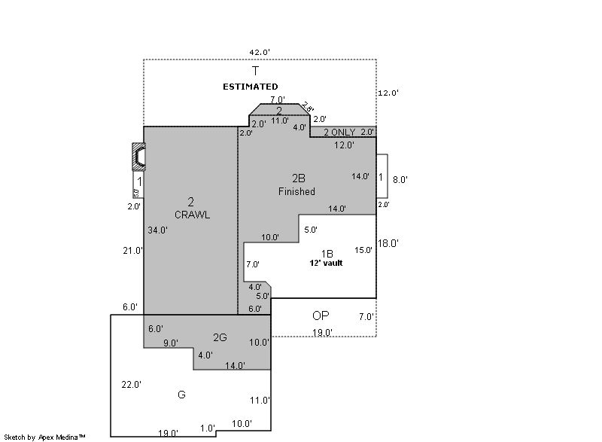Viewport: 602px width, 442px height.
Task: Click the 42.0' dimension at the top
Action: pyautogui.click(x=260, y=52)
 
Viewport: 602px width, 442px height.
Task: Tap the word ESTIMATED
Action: pyautogui.click(x=250, y=87)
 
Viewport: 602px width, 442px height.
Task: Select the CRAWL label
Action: pyautogui.click(x=192, y=215)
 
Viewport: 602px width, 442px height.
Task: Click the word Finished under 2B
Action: pyautogui.click(x=296, y=191)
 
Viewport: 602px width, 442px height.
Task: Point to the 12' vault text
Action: pyautogui.click(x=326, y=264)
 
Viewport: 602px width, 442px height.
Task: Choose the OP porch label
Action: pyautogui.click(x=321, y=315)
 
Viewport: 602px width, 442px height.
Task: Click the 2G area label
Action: pyautogui.click(x=220, y=337)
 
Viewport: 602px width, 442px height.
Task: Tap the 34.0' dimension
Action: pyautogui.click(x=157, y=230)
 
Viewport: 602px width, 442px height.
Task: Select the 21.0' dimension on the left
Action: pyautogui.click(x=133, y=251)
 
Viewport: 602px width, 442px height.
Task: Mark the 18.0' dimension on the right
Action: pyautogui.click(x=388, y=243)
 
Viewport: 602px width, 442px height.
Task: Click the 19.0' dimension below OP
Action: pyautogui.click(x=323, y=332)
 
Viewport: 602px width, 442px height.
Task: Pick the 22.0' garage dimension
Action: pyautogui.click(x=132, y=385)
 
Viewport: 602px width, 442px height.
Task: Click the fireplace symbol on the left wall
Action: pyautogui.click(x=138, y=157)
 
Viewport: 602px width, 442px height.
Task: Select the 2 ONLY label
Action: pyautogui.click(x=339, y=133)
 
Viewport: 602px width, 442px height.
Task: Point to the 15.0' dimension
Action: pyautogui.click(x=363, y=250)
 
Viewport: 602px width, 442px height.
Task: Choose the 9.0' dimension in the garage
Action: pyautogui.click(x=172, y=343)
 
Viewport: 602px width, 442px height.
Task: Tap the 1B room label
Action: pyautogui.click(x=327, y=253)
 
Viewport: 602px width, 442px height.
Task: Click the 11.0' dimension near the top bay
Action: pyautogui.click(x=280, y=120)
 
